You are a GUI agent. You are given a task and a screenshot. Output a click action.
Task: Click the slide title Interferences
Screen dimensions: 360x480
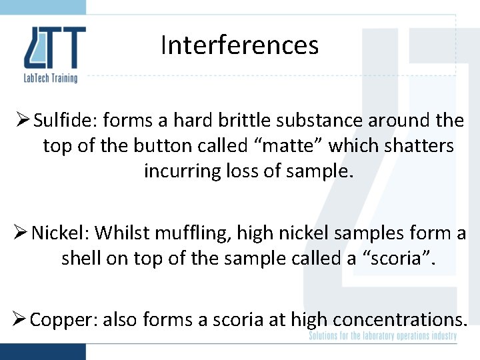coord(239,45)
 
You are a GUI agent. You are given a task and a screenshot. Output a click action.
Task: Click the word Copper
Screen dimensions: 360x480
coord(62,319)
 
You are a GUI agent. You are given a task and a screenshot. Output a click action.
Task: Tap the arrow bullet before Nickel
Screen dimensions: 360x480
coord(21,233)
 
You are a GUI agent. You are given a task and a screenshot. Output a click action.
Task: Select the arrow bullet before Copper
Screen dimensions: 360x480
coord(20,319)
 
